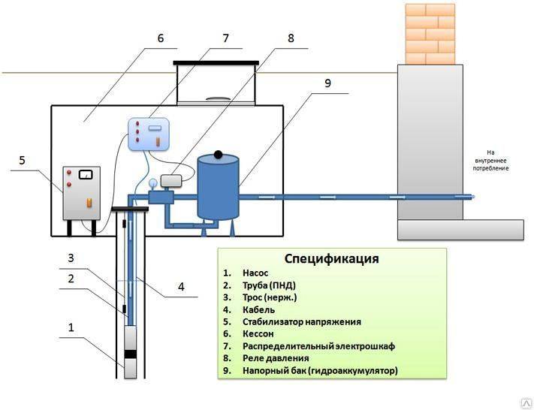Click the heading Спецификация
pos(331,258)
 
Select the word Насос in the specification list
pos(255,273)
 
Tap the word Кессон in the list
pos(258,333)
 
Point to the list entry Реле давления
pos(276,358)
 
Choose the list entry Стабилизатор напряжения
pos(302,322)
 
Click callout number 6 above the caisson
pos(161,38)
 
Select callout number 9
pos(327,83)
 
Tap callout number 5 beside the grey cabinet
pos(22,160)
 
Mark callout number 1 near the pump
pos(71,327)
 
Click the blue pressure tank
pos(219,187)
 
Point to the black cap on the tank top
pos(218,155)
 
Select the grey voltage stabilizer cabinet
pos(81,193)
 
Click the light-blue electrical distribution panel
pos(149,134)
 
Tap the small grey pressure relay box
pos(171,181)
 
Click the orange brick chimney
pos(430,34)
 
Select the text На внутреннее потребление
pos(490,161)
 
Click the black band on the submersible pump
pos(130,354)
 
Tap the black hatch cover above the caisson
pos(216,62)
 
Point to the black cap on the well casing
pos(130,209)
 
